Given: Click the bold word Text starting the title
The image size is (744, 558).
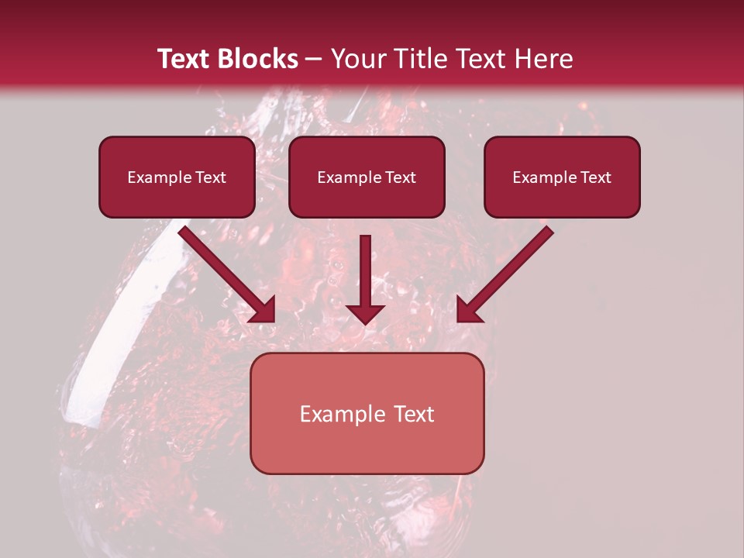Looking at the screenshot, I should point(183,59).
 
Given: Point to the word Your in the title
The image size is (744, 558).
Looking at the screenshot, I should point(356,59).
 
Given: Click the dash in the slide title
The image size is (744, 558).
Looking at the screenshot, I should point(314,59).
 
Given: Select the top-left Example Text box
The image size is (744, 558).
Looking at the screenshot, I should point(177,177).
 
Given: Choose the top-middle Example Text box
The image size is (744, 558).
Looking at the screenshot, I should point(367,177).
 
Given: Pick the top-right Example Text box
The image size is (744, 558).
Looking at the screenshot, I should point(562,177).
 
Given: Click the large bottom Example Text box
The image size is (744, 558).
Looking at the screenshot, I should point(367,413).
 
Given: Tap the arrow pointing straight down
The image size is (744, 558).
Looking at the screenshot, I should point(365,275).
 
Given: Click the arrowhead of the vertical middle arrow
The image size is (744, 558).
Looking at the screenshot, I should point(365,313).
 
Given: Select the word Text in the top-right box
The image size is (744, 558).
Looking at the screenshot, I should point(594,177).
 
